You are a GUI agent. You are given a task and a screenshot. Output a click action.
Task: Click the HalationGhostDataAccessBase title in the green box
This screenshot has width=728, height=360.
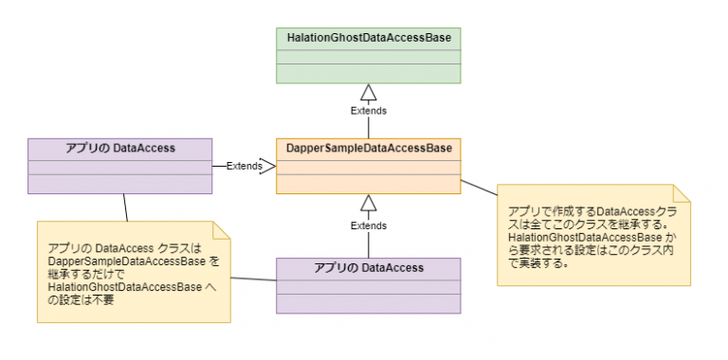tap(369, 37)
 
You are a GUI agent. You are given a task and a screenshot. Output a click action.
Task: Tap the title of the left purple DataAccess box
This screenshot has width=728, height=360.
tap(118, 148)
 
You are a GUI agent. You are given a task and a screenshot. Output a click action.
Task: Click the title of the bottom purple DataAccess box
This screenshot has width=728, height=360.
tap(369, 268)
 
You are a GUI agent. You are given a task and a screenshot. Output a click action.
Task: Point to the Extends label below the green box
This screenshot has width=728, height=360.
tap(369, 111)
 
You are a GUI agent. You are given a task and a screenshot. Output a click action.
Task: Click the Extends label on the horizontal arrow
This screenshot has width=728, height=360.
tap(244, 166)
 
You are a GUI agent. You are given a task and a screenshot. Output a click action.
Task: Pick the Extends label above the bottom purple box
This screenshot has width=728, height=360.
tap(369, 226)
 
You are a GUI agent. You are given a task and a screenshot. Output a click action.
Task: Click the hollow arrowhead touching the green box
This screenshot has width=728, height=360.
tap(369, 92)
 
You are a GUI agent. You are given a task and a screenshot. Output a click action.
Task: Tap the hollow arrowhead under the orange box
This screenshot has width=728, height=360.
tap(369, 203)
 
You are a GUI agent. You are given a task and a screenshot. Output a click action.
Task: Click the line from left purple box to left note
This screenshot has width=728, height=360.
tap(123, 207)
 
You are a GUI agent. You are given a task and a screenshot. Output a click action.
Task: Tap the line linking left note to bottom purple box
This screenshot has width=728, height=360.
tap(253, 279)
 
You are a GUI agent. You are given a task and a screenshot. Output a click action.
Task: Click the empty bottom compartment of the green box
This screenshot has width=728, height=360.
tap(369, 73)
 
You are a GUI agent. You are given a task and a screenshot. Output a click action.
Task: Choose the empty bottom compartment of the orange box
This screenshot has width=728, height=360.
tap(369, 184)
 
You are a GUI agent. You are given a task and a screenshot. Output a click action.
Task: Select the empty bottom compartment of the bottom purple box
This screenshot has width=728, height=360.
tap(369, 302)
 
